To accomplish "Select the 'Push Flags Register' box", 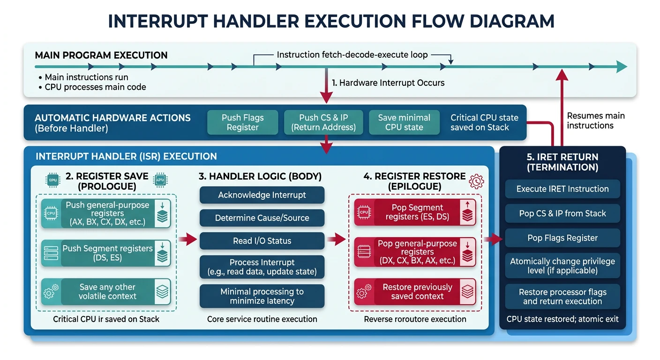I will pyautogui.click(x=242, y=122).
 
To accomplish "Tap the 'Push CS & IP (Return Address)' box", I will pyautogui.click(x=324, y=122).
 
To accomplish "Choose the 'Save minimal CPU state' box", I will pyautogui.click(x=404, y=122).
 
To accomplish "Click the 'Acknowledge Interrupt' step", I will pyautogui.click(x=262, y=195).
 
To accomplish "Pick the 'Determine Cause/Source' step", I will pyautogui.click(x=262, y=218).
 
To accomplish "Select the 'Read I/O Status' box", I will pyautogui.click(x=262, y=241).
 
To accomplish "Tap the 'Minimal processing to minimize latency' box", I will pyautogui.click(x=262, y=296).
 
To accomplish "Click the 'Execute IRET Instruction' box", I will pyautogui.click(x=562, y=189).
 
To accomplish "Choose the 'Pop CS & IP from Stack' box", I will pyautogui.click(x=562, y=213).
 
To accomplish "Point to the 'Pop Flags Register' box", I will pyautogui.click(x=562, y=238).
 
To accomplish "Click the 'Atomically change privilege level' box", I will pyautogui.click(x=562, y=266).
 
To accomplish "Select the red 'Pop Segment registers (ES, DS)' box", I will pyautogui.click(x=415, y=212).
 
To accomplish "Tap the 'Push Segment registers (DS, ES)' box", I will pyautogui.click(x=106, y=253).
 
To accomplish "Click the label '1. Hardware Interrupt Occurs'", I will pyautogui.click(x=388, y=83).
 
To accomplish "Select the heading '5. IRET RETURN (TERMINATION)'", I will pyautogui.click(x=562, y=162).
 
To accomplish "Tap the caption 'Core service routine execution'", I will pyautogui.click(x=262, y=319).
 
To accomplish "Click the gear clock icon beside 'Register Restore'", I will pyautogui.click(x=476, y=181).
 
